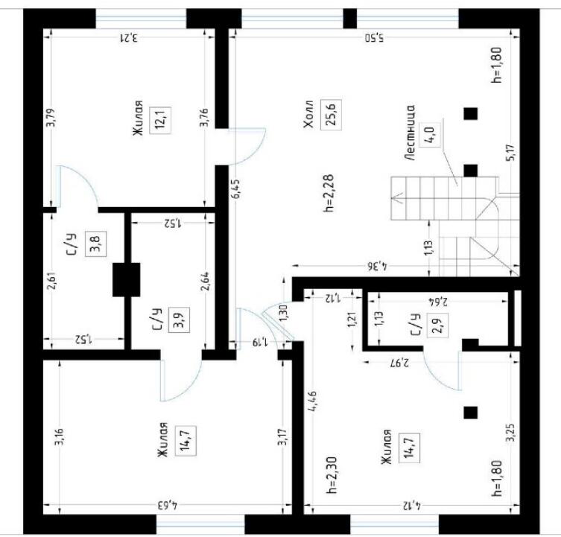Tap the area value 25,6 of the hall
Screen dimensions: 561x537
331,114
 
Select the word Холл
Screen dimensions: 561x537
308,114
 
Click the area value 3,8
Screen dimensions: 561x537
96,244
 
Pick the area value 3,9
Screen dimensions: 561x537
179,320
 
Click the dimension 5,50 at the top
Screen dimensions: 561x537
374,37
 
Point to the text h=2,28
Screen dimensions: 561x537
329,193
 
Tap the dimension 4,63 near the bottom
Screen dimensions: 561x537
168,506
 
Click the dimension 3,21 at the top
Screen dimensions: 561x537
127,37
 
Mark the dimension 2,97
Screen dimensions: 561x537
399,363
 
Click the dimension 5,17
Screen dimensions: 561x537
511,153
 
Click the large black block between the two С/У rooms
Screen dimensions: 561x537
127,280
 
